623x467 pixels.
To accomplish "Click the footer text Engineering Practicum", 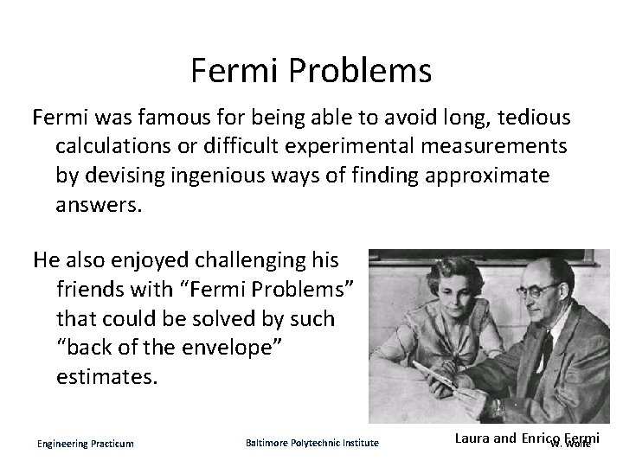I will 86,444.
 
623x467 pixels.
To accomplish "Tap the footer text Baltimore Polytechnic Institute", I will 312,444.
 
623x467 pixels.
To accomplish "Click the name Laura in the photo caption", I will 472,438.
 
